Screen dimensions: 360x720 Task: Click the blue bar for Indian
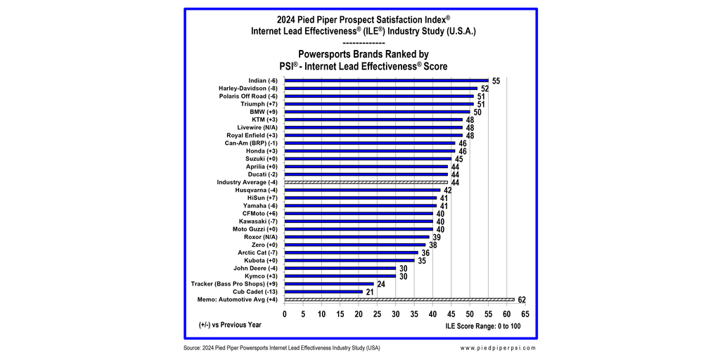point(386,81)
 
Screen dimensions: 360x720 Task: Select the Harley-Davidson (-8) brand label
point(249,89)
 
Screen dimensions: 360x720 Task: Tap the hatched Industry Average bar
point(366,182)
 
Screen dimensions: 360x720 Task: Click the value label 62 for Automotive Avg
point(522,300)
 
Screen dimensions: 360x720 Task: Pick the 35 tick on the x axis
point(414,314)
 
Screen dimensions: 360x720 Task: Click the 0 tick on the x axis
point(285,314)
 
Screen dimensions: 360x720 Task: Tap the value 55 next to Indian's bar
point(496,81)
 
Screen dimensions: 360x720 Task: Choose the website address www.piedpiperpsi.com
point(499,348)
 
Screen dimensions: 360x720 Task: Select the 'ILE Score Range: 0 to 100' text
point(483,326)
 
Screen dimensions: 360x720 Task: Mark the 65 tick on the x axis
point(525,314)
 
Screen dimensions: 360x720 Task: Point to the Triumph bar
point(379,104)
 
